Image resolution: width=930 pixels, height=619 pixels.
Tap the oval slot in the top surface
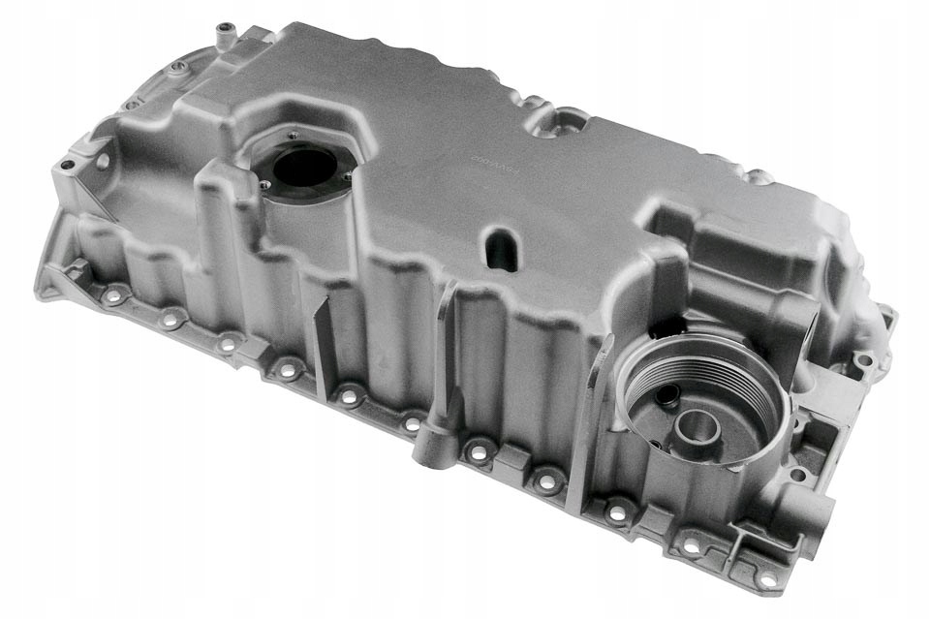click(502, 248)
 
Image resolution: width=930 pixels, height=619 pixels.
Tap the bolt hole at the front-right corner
click(765, 577)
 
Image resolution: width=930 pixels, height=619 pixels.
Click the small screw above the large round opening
click(293, 136)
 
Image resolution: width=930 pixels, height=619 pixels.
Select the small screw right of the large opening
click(346, 175)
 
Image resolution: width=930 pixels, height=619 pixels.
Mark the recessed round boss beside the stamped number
click(566, 121)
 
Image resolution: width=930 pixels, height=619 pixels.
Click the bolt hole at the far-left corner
click(67, 166)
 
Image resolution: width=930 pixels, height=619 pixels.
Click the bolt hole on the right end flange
click(862, 361)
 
